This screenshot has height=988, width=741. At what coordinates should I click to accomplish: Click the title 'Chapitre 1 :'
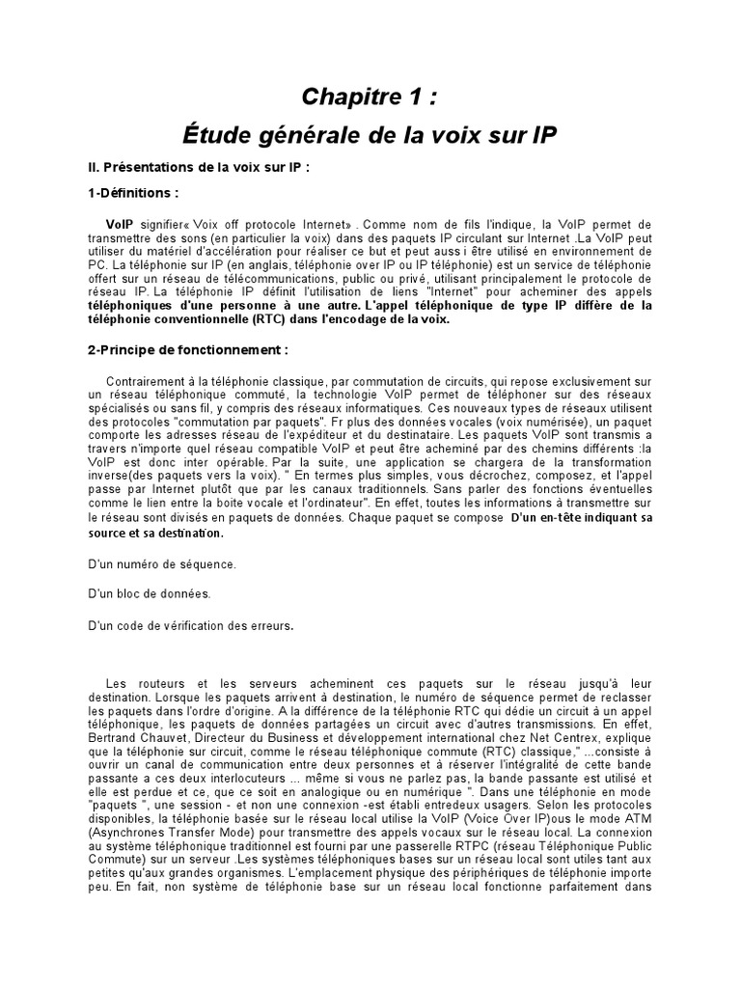(370, 96)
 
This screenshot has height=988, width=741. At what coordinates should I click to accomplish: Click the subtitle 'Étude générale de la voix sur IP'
(370, 134)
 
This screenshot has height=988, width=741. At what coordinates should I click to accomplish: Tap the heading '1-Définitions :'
(134, 193)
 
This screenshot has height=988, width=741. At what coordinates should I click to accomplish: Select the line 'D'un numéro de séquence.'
(161, 563)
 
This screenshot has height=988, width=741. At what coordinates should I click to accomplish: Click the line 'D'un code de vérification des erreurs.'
(190, 624)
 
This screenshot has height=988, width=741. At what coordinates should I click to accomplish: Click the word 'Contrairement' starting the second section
(150, 381)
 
